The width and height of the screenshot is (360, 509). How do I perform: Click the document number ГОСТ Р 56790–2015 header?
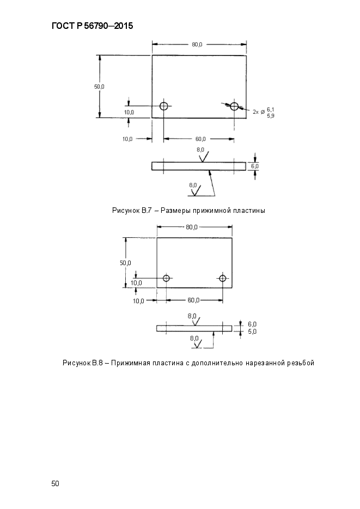(x=92, y=26)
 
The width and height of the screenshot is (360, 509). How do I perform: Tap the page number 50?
(x=55, y=483)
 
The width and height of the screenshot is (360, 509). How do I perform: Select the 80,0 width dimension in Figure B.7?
(x=197, y=45)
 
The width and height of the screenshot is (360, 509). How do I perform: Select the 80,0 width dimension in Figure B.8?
(x=192, y=227)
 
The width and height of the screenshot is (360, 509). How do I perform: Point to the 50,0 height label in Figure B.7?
(x=99, y=87)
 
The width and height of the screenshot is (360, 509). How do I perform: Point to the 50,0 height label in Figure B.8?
(x=125, y=263)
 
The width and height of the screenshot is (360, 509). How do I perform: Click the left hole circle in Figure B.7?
(x=163, y=106)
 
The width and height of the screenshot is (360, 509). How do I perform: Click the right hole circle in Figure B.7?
(x=234, y=106)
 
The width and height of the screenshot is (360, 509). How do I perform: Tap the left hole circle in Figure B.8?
(x=166, y=278)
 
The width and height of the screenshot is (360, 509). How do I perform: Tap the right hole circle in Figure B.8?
(x=222, y=278)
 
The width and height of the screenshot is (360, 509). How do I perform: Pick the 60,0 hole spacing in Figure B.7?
(x=200, y=139)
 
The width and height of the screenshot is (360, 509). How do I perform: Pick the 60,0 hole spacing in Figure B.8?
(x=193, y=301)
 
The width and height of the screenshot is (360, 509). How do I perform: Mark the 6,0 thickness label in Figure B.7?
(x=255, y=167)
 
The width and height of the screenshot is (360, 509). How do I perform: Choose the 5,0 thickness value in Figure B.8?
(x=252, y=332)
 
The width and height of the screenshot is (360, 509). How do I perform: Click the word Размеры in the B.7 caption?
(x=175, y=211)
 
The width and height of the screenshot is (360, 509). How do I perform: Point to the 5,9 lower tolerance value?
(x=271, y=115)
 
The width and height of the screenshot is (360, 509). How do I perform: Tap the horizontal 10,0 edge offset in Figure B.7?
(x=127, y=139)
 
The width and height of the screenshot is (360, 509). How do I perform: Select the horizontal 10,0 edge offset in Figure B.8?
(x=139, y=301)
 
